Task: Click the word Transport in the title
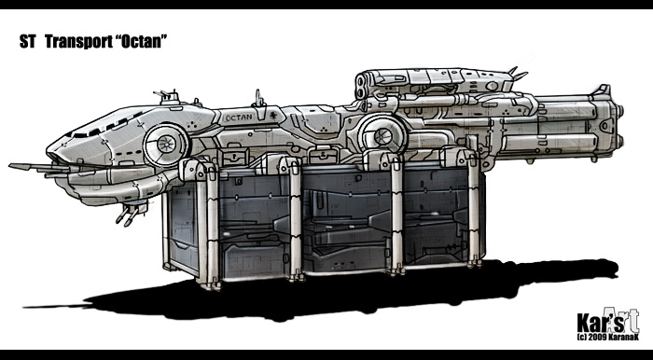77,42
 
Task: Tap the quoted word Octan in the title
140,42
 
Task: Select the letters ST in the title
27,42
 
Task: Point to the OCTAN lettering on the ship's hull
238,118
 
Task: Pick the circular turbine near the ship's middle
382,135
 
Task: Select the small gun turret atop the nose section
167,97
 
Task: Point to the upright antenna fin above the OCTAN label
258,99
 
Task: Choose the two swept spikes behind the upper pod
517,74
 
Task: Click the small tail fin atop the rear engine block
603,90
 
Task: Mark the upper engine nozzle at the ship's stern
620,111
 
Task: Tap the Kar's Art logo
607,321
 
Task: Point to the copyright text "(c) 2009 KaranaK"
607,337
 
